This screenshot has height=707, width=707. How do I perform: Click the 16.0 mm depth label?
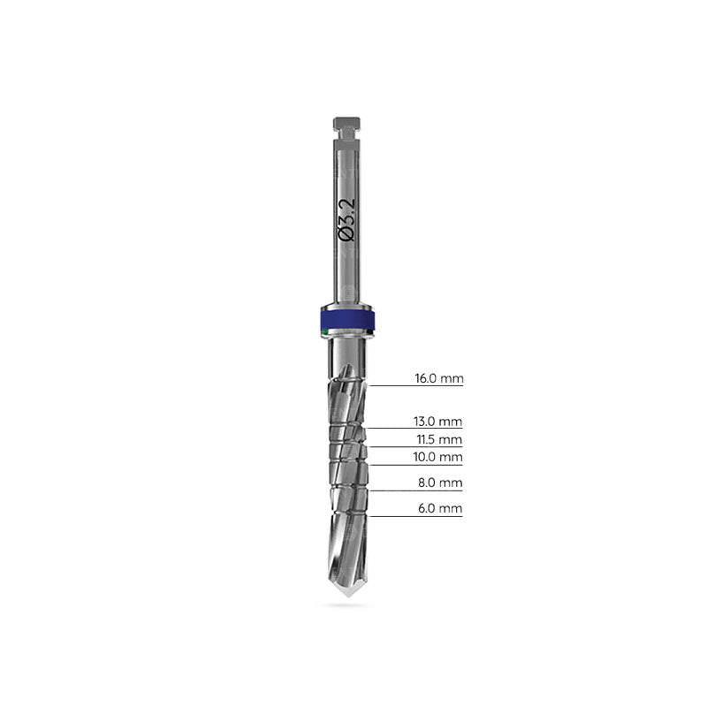pyautogui.click(x=439, y=378)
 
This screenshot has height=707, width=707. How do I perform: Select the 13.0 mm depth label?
pyautogui.click(x=437, y=422)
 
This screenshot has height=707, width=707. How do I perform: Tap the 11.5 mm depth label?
pyautogui.click(x=439, y=439)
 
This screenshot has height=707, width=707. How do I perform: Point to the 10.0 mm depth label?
pyautogui.click(x=437, y=457)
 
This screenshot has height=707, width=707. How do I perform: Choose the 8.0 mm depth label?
pyautogui.click(x=440, y=483)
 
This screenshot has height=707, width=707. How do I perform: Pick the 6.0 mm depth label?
pyautogui.click(x=440, y=508)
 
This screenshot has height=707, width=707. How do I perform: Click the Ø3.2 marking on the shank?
pyautogui.click(x=346, y=219)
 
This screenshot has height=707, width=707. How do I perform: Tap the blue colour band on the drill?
pyautogui.click(x=347, y=320)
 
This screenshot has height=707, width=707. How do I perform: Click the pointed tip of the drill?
pyautogui.click(x=347, y=596)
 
